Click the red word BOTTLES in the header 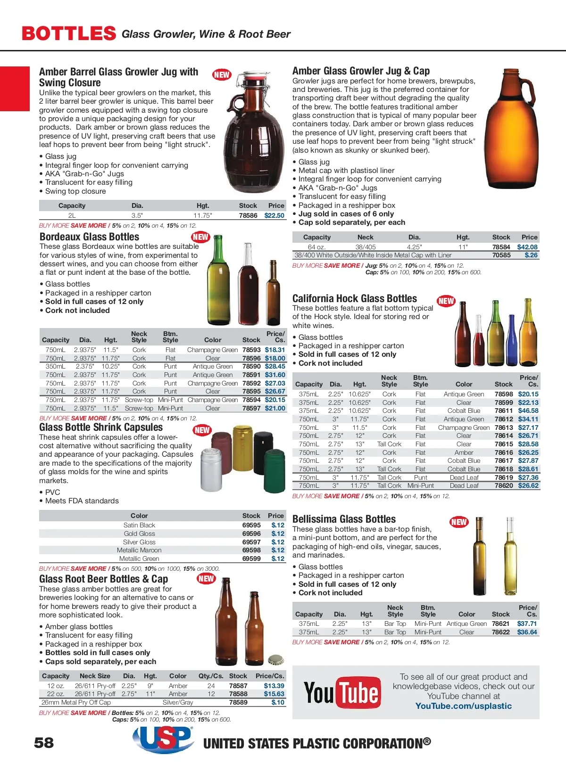[x=69, y=33]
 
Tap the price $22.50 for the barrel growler [x=274, y=215]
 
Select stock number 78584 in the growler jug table [x=501, y=247]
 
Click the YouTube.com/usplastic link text [x=463, y=706]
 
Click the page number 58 [x=44, y=743]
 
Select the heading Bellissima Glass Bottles [x=344, y=519]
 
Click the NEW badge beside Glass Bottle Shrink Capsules [x=202, y=430]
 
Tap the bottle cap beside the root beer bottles [x=275, y=659]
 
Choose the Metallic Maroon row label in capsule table [x=139, y=550]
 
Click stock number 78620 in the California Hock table [x=503, y=485]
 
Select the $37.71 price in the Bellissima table [x=527, y=624]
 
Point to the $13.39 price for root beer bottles [x=274, y=686]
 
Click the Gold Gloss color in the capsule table [x=139, y=534]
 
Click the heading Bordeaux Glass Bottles [x=89, y=237]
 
